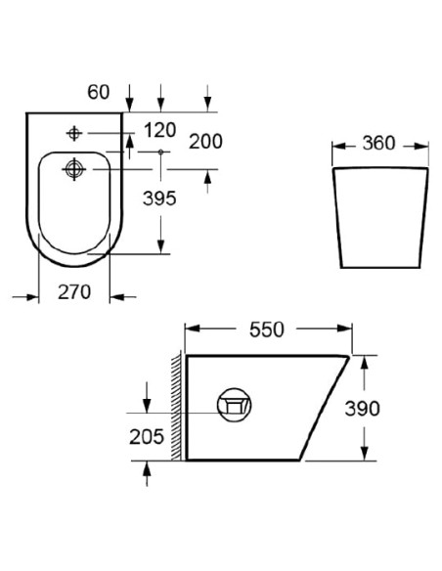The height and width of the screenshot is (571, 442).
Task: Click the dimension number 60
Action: coord(99,92)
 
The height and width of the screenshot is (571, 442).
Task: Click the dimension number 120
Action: coord(160,130)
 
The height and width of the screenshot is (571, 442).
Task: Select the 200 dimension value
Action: coord(205,142)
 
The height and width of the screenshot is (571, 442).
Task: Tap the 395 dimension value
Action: coord(159,198)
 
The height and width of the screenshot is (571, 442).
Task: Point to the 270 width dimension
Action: coord(74,292)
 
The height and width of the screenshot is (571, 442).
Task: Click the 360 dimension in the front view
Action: coord(378,143)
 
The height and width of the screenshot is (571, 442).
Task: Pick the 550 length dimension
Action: coord(267,329)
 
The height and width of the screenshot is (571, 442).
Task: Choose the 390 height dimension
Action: coord(362,409)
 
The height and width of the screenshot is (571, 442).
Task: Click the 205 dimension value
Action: coord(147,437)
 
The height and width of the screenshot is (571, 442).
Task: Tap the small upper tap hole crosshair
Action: coord(74,133)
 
